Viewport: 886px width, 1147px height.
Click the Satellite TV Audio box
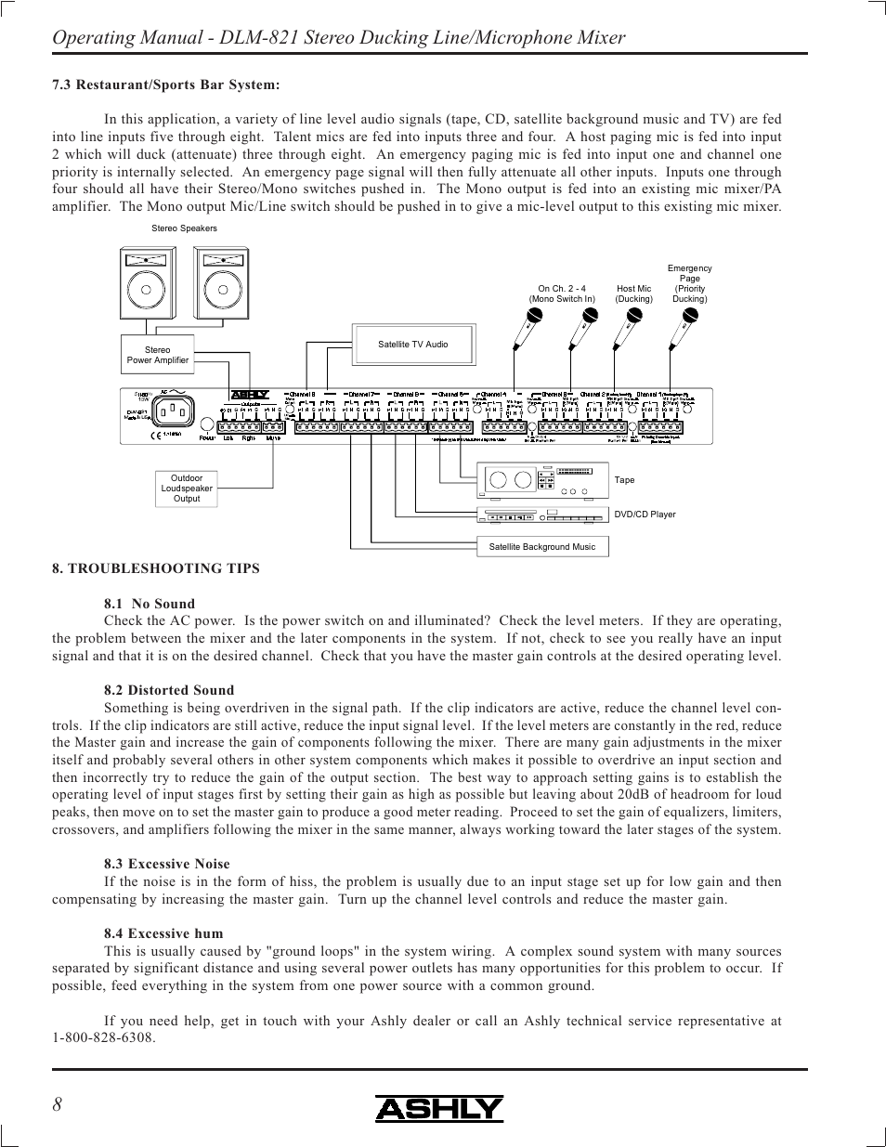(x=413, y=345)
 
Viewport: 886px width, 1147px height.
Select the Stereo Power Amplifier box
(x=158, y=356)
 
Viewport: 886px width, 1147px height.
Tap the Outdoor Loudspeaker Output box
(x=187, y=489)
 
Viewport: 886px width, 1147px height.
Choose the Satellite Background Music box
(x=542, y=547)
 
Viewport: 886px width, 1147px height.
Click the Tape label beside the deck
(x=625, y=480)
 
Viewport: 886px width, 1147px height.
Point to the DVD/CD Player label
(x=645, y=515)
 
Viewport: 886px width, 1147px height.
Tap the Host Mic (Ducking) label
(x=634, y=293)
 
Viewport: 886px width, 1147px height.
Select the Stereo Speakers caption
(x=184, y=228)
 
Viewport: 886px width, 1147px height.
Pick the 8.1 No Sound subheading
(x=150, y=604)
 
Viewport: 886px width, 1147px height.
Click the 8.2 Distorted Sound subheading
(x=169, y=690)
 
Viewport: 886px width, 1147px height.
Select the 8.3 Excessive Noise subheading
(x=167, y=864)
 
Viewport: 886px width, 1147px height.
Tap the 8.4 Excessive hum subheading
(x=163, y=933)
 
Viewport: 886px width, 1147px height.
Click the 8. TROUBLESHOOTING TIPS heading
(x=156, y=568)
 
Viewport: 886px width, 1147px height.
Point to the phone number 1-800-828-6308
(x=104, y=1037)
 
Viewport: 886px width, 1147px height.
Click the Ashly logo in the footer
(x=439, y=1109)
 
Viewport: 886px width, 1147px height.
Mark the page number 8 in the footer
(x=58, y=1104)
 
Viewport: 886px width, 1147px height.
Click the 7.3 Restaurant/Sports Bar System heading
(x=166, y=85)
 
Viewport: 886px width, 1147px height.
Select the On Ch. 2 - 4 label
(x=562, y=293)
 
